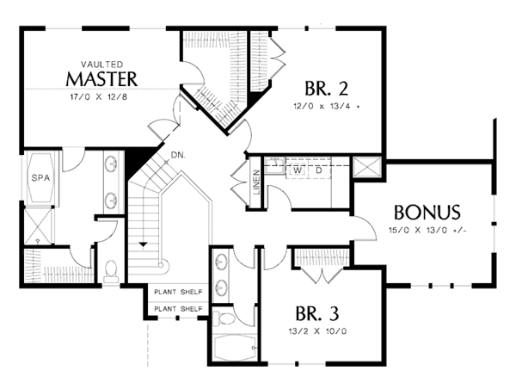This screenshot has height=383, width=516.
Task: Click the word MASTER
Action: point(101,79)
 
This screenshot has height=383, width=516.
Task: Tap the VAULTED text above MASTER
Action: point(102,65)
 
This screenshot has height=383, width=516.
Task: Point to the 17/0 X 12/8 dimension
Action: point(99,96)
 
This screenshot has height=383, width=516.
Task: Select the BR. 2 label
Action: point(326,89)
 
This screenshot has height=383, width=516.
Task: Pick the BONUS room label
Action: point(427,213)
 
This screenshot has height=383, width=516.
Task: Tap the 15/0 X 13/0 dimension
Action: point(427,230)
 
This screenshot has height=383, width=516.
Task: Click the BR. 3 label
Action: point(317,313)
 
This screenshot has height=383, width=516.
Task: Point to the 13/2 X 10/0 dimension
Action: point(317,331)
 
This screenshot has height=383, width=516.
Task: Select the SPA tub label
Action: point(40,178)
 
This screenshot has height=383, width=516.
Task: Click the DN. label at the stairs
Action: point(178,155)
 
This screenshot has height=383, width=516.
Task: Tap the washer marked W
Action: point(298,170)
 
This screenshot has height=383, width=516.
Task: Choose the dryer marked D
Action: point(319,170)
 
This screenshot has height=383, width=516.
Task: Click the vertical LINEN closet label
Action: point(257,182)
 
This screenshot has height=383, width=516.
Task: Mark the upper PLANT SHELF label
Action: point(178,292)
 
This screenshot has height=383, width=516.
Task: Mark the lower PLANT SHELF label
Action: point(178,309)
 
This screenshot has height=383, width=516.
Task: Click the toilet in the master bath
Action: point(111,271)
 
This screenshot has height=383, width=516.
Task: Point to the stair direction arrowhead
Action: point(143,244)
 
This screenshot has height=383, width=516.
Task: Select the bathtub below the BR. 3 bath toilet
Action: point(235,348)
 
